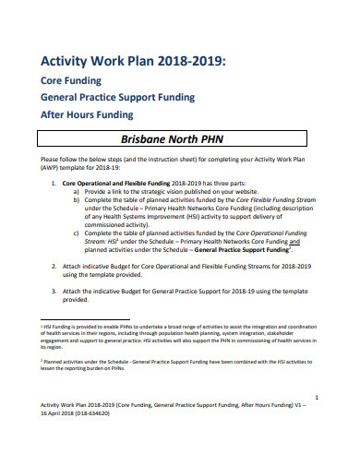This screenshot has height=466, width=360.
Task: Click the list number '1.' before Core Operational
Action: tap(54, 184)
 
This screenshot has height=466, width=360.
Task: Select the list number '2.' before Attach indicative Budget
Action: tap(54, 265)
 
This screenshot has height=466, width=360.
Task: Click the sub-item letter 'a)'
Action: tap(77, 192)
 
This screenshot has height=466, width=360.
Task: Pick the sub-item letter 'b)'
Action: tap(77, 200)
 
